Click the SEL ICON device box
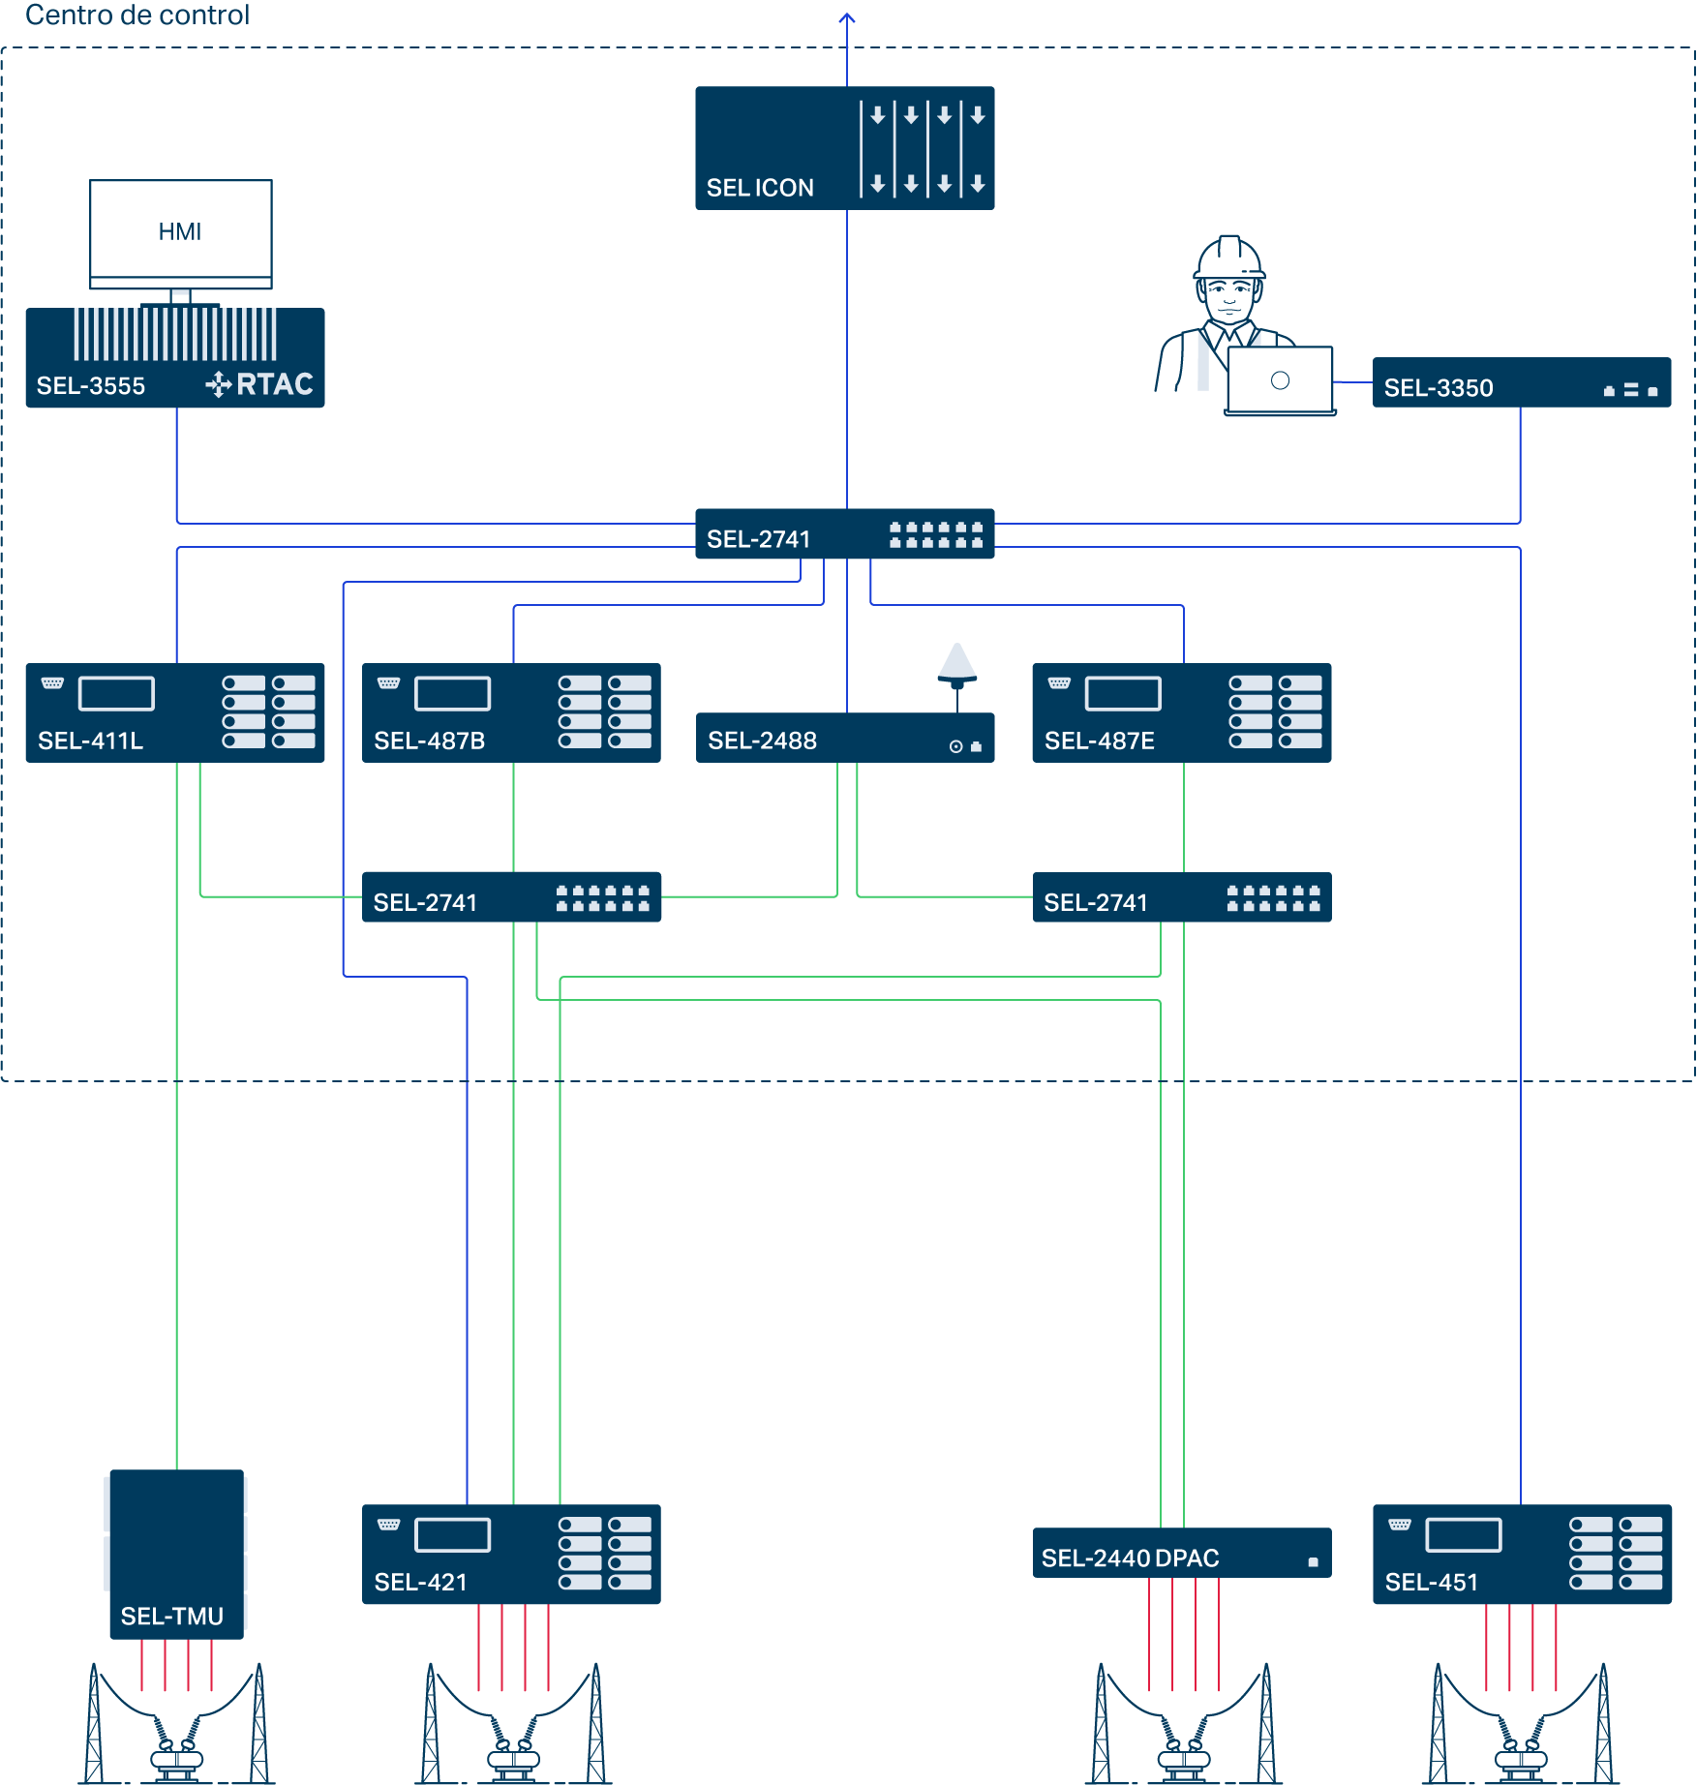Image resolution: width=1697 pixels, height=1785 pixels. click(844, 148)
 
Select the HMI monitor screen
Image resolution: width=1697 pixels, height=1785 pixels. click(181, 229)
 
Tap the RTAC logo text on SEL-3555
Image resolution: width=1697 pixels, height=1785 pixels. click(274, 384)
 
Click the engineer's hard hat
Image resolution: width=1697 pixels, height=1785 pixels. click(1229, 257)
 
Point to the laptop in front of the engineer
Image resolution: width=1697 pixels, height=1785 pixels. click(1280, 381)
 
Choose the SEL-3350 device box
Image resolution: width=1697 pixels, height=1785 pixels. click(1521, 383)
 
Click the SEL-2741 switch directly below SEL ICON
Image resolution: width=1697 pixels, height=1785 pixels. click(844, 534)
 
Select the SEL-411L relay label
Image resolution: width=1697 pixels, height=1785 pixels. click(90, 741)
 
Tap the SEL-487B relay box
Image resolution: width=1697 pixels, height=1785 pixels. click(511, 712)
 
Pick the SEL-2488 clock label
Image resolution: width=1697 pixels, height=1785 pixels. click(762, 741)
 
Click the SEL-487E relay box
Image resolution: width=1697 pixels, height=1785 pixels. click(1181, 712)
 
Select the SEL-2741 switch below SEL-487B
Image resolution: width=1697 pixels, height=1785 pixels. click(511, 897)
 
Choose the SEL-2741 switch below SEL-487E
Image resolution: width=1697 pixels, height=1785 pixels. click(1181, 897)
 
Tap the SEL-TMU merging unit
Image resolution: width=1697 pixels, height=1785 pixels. click(176, 1554)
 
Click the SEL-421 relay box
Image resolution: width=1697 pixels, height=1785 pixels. click(511, 1554)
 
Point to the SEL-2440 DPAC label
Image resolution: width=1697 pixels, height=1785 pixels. click(1130, 1558)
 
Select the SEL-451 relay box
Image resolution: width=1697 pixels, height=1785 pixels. click(1522, 1554)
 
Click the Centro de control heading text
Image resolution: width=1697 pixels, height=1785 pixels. click(137, 15)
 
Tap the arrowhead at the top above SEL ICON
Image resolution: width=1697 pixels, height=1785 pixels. click(847, 16)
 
